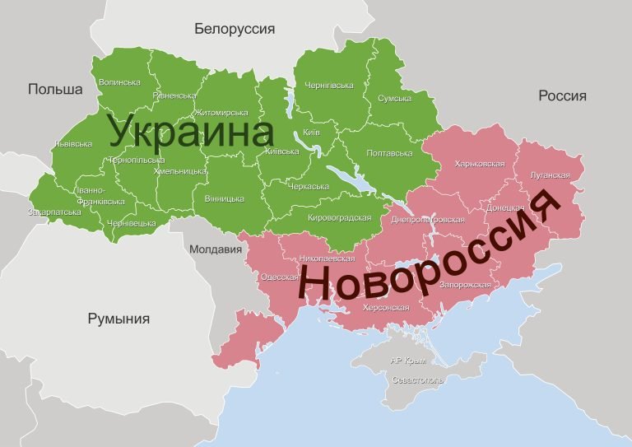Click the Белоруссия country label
[235, 30]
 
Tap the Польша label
[56, 89]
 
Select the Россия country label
[563, 96]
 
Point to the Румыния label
[119, 319]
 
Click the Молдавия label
[215, 249]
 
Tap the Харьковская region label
[479, 164]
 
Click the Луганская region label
[551, 175]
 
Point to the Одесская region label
[277, 277]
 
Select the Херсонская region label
[386, 308]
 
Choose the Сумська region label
[394, 99]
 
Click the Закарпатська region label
[54, 212]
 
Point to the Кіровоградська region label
[339, 217]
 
